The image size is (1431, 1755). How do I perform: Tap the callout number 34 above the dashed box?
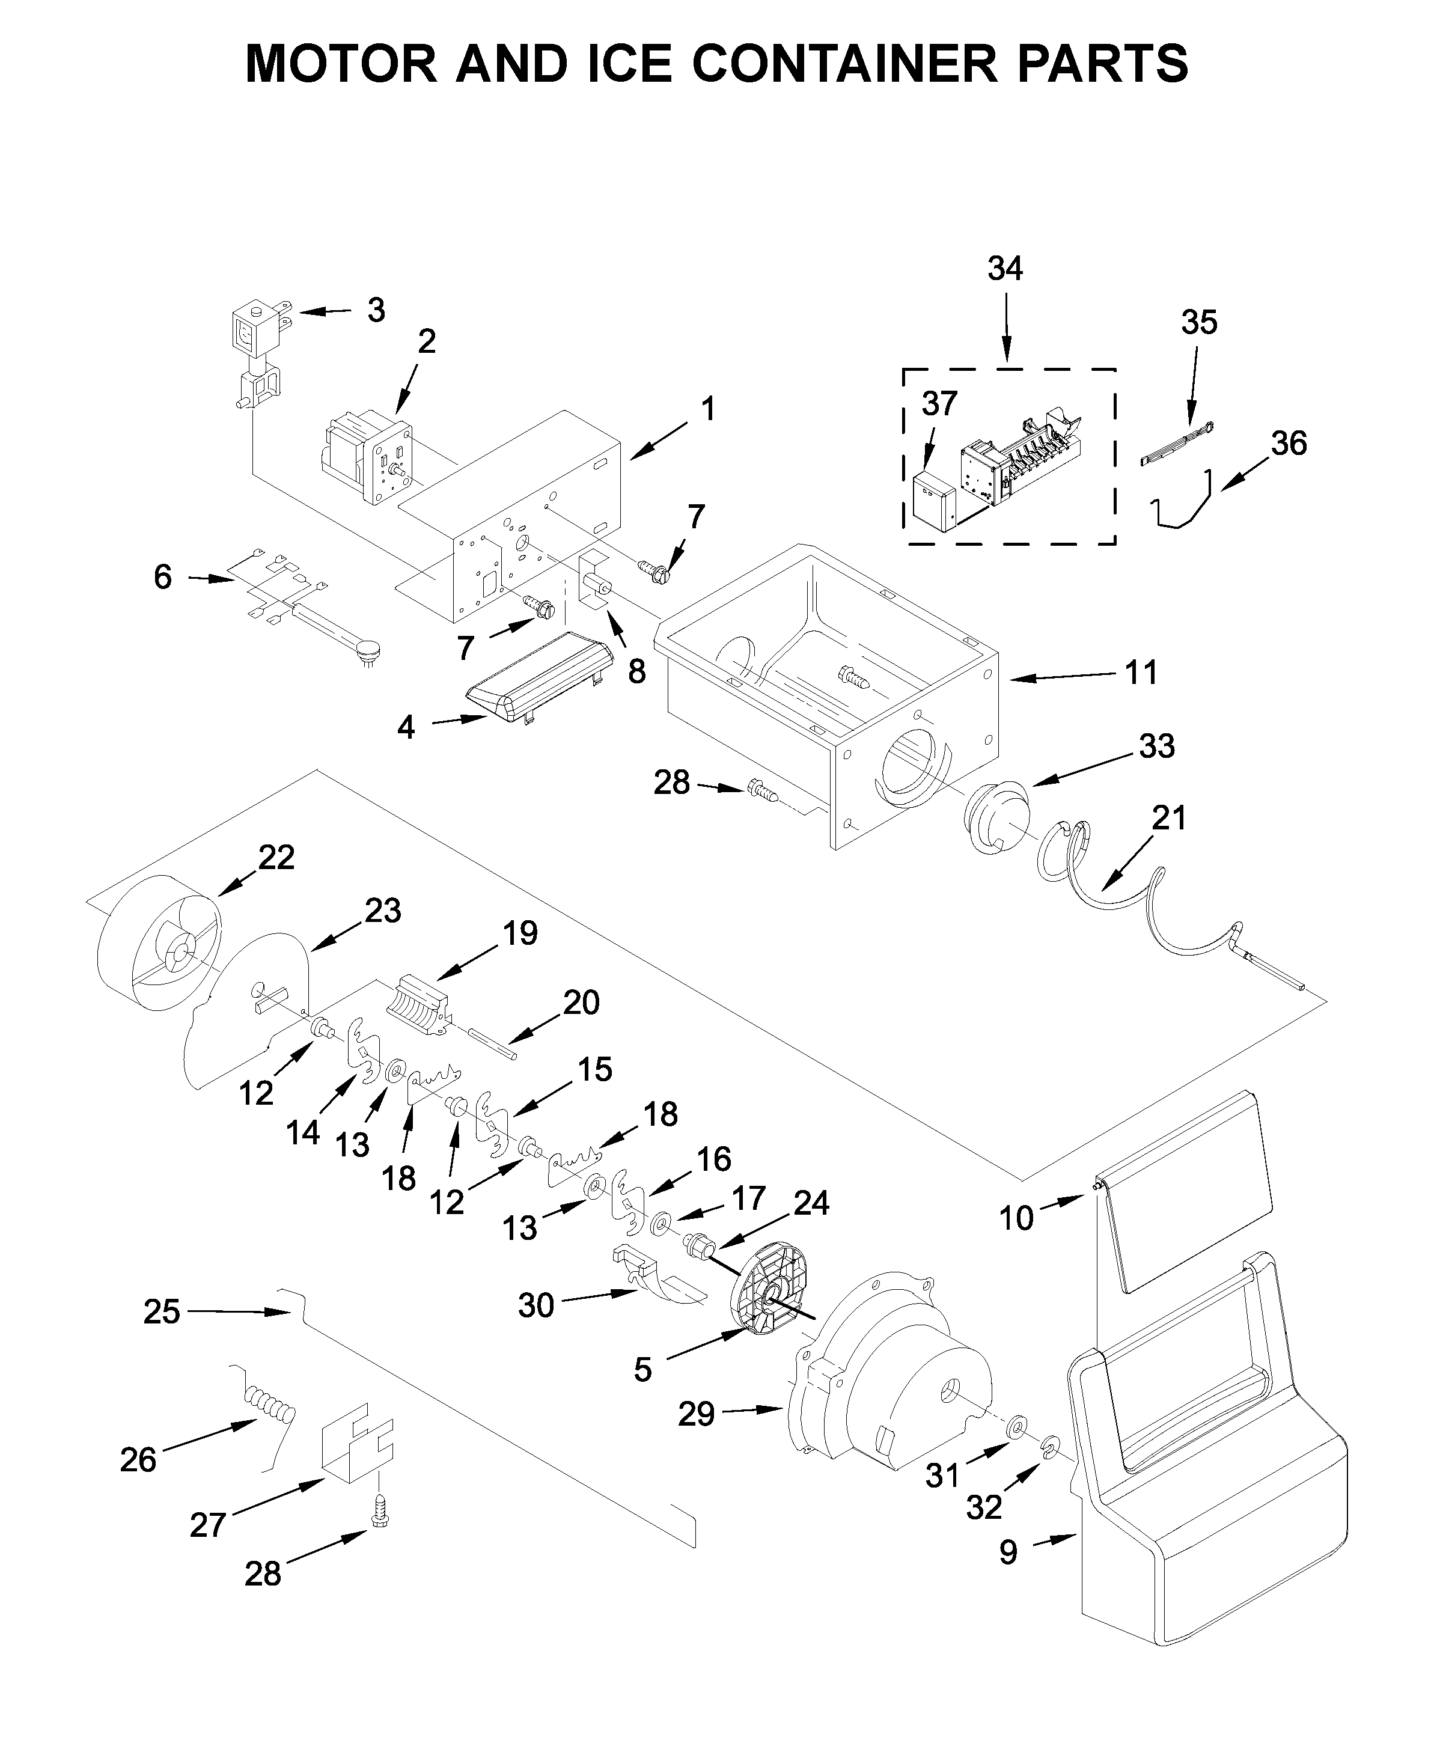pos(1005,269)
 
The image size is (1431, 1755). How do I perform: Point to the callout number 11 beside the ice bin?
pos(1142,674)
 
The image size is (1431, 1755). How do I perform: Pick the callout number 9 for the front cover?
pos(1008,1553)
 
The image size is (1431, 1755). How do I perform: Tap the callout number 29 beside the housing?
pos(696,1415)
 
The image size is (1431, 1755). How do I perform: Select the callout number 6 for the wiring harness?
pos(162,577)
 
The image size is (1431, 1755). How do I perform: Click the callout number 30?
pos(536,1306)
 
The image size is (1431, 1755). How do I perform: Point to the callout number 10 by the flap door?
pos(1016,1218)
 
